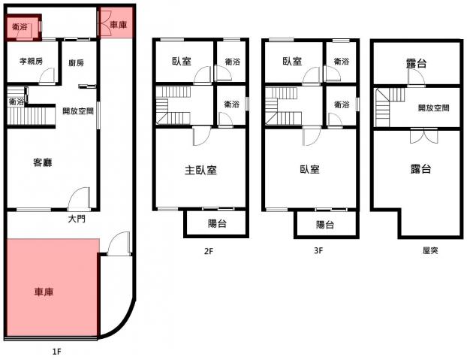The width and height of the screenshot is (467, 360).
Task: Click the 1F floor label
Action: pyautogui.click(x=56, y=352)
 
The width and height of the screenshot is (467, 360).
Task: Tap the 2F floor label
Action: pyautogui.click(x=209, y=251)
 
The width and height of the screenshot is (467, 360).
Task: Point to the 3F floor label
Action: pyautogui.click(x=318, y=250)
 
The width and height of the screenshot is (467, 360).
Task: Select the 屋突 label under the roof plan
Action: pyautogui.click(x=430, y=250)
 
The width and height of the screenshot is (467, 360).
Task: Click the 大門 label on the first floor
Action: pyautogui.click(x=77, y=219)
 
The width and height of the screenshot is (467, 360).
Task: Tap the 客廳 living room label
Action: pyautogui.click(x=43, y=162)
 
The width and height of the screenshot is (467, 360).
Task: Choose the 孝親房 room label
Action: pyautogui.click(x=31, y=61)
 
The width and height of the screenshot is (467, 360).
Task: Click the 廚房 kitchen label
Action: pyautogui.click(x=76, y=63)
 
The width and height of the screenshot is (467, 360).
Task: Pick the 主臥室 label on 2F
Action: pyautogui.click(x=200, y=170)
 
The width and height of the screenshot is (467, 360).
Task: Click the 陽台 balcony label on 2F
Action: pyautogui.click(x=217, y=223)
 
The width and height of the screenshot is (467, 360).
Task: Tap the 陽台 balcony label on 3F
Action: pyautogui.click(x=325, y=225)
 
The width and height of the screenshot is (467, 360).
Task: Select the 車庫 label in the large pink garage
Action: pyautogui.click(x=44, y=292)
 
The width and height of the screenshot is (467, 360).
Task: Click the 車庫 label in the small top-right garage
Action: pyautogui.click(x=119, y=25)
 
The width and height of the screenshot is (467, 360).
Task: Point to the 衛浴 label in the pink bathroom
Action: pyautogui.click(x=20, y=27)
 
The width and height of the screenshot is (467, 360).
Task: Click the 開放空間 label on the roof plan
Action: pyautogui.click(x=433, y=108)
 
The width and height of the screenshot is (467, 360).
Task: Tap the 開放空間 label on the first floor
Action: pyautogui.click(x=78, y=111)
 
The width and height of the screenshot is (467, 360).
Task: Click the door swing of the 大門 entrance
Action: pyautogui.click(x=78, y=198)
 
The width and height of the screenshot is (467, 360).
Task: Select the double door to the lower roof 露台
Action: pyautogui.click(x=423, y=135)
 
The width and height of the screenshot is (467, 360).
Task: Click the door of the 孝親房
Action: pyautogui.click(x=47, y=76)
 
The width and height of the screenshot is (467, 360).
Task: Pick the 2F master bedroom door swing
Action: pyautogui.click(x=202, y=136)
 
